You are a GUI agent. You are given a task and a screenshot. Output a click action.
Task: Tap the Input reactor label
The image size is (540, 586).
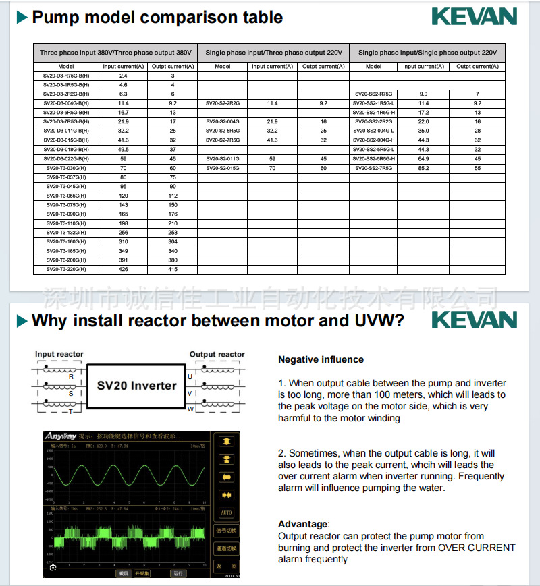click(59, 354)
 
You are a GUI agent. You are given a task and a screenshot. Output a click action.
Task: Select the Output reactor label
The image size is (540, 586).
click(217, 354)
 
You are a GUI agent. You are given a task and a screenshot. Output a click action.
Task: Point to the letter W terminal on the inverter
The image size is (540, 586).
click(190, 409)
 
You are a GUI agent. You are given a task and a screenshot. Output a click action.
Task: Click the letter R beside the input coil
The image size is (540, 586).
click(71, 377)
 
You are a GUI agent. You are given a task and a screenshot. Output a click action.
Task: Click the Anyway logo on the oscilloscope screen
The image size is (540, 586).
click(60, 436)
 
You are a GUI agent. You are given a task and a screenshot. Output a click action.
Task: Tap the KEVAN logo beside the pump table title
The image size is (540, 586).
click(474, 17)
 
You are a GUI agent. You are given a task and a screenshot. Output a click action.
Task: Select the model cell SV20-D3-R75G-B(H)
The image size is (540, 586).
click(66, 76)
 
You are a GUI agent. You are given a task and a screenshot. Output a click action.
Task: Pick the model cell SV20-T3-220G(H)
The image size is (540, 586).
click(66, 269)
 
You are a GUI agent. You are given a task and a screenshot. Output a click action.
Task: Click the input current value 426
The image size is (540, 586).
click(124, 269)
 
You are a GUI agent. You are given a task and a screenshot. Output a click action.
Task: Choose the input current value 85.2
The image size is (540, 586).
click(423, 168)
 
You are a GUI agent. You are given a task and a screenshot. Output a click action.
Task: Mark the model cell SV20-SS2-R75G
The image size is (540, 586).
click(373, 94)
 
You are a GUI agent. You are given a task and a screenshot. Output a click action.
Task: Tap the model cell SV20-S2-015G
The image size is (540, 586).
click(223, 168)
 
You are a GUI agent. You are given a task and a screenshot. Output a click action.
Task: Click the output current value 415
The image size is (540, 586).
click(173, 269)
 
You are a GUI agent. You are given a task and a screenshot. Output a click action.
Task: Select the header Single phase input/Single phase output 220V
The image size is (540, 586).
click(427, 53)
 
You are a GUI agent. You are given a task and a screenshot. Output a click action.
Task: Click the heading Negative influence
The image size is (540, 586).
click(321, 359)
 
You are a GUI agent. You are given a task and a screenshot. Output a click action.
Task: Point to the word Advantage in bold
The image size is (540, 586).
click(302, 524)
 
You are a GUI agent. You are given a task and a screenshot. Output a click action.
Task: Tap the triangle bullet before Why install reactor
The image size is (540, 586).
click(22, 320)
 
